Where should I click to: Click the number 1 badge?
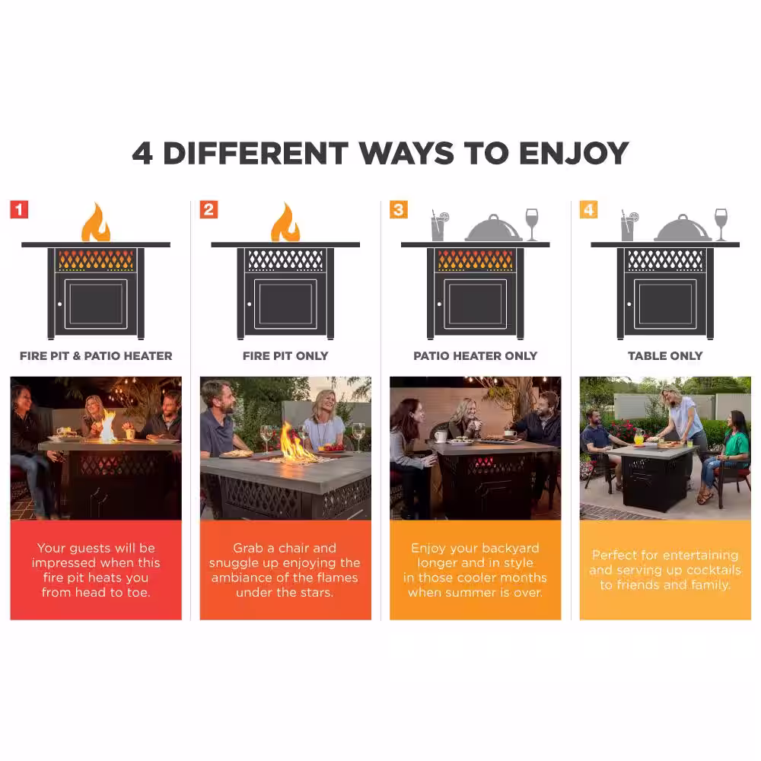[19, 209]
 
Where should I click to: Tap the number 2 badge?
[209, 209]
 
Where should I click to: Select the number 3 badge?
[399, 209]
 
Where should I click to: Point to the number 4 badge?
[588, 209]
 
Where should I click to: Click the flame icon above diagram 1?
[96, 223]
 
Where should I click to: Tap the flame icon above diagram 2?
[285, 223]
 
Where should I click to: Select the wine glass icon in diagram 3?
[531, 224]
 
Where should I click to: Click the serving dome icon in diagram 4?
[683, 228]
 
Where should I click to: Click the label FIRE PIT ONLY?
[285, 355]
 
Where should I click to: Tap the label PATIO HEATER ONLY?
[475, 355]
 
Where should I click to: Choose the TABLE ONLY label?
[665, 355]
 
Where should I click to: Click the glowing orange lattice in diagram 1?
[96, 260]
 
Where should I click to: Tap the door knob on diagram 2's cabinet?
[249, 304]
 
